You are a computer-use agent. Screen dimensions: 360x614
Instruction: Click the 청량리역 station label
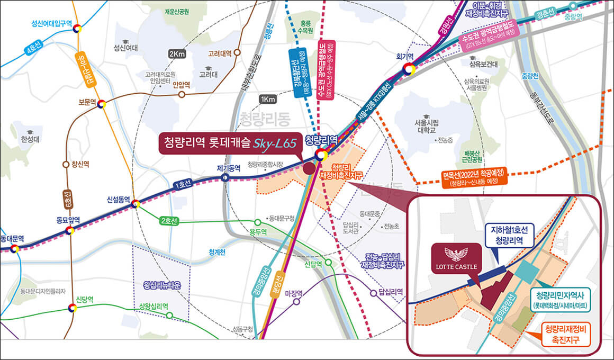click(x=321, y=140)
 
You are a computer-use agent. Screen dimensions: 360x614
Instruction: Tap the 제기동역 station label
click(x=229, y=168)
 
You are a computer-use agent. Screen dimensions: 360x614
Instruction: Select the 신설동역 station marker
click(x=136, y=204)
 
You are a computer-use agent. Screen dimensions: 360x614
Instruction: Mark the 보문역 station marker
click(x=101, y=104)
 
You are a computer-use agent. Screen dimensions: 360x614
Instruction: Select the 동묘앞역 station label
click(x=68, y=219)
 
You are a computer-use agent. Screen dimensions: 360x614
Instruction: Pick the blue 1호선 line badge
click(x=184, y=186)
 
